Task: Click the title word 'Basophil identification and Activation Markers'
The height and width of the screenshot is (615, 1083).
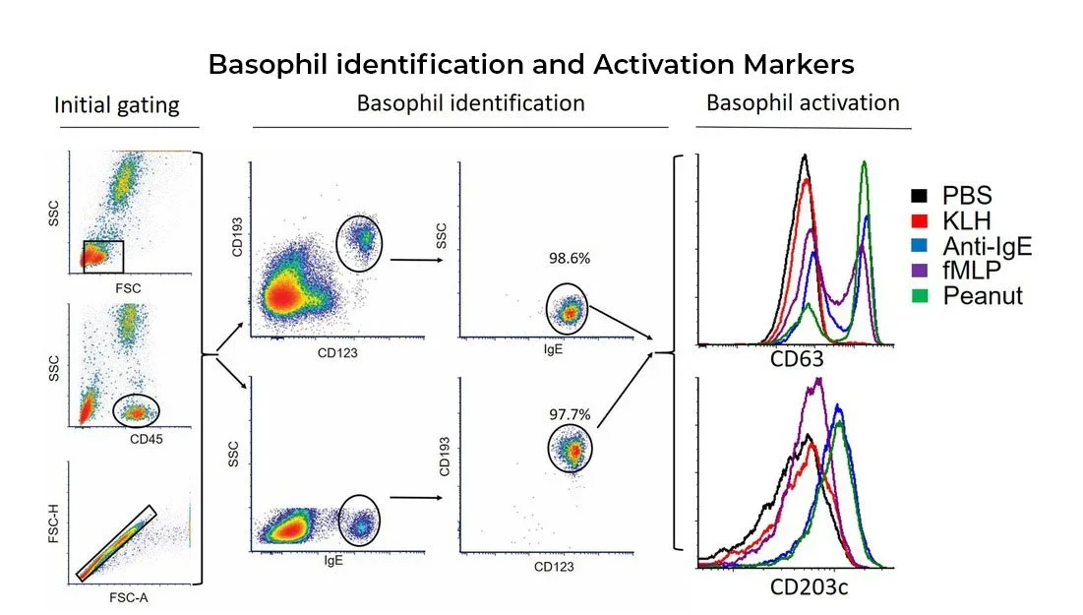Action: [531, 65]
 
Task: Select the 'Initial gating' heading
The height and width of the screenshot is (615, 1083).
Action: [117, 105]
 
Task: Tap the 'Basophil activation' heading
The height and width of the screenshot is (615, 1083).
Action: [803, 103]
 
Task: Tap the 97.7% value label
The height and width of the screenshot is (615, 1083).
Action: [570, 414]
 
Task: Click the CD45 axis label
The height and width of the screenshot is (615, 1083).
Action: [145, 438]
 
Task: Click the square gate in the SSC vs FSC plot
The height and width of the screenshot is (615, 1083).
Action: [102, 256]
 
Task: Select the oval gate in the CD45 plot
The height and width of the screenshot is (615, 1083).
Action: [136, 409]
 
